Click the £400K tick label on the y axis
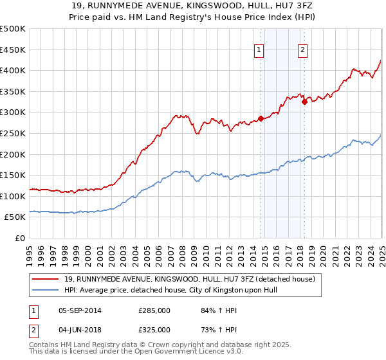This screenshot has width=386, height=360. click(13, 70)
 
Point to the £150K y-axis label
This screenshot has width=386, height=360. click(13, 175)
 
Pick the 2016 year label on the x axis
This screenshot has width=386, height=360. click(277, 251)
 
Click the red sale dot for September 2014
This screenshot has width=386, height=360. click(261, 118)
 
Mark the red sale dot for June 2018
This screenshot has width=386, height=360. click(304, 102)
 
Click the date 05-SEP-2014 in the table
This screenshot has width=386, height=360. click(79, 310)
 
